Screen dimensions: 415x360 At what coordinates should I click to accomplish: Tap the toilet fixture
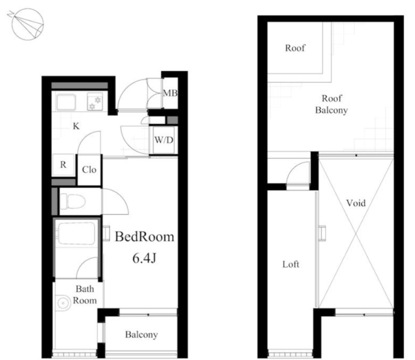(73, 202)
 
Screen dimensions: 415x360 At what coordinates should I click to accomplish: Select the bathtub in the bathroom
(76, 234)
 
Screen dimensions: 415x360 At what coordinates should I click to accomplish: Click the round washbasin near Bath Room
(63, 302)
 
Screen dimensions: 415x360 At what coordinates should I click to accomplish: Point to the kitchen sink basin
(66, 102)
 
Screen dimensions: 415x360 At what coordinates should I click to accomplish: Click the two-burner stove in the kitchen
(95, 102)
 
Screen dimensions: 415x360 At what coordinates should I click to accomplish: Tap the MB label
(170, 93)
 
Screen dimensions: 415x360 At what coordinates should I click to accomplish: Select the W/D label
(164, 140)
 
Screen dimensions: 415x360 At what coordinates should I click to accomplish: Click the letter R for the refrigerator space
(63, 164)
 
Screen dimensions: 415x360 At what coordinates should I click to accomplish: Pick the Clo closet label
(89, 170)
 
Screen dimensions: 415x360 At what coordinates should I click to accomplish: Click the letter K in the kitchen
(76, 126)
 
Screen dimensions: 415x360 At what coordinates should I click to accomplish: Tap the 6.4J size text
(144, 258)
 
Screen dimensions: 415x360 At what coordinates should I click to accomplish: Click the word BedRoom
(145, 237)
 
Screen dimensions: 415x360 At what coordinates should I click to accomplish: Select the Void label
(356, 203)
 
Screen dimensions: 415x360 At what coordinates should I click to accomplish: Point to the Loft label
(290, 264)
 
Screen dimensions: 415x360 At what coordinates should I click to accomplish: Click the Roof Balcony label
(331, 104)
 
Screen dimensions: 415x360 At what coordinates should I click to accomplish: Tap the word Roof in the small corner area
(295, 48)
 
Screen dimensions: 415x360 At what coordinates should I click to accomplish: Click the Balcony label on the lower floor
(141, 335)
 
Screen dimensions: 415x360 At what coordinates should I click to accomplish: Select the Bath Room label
(85, 295)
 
